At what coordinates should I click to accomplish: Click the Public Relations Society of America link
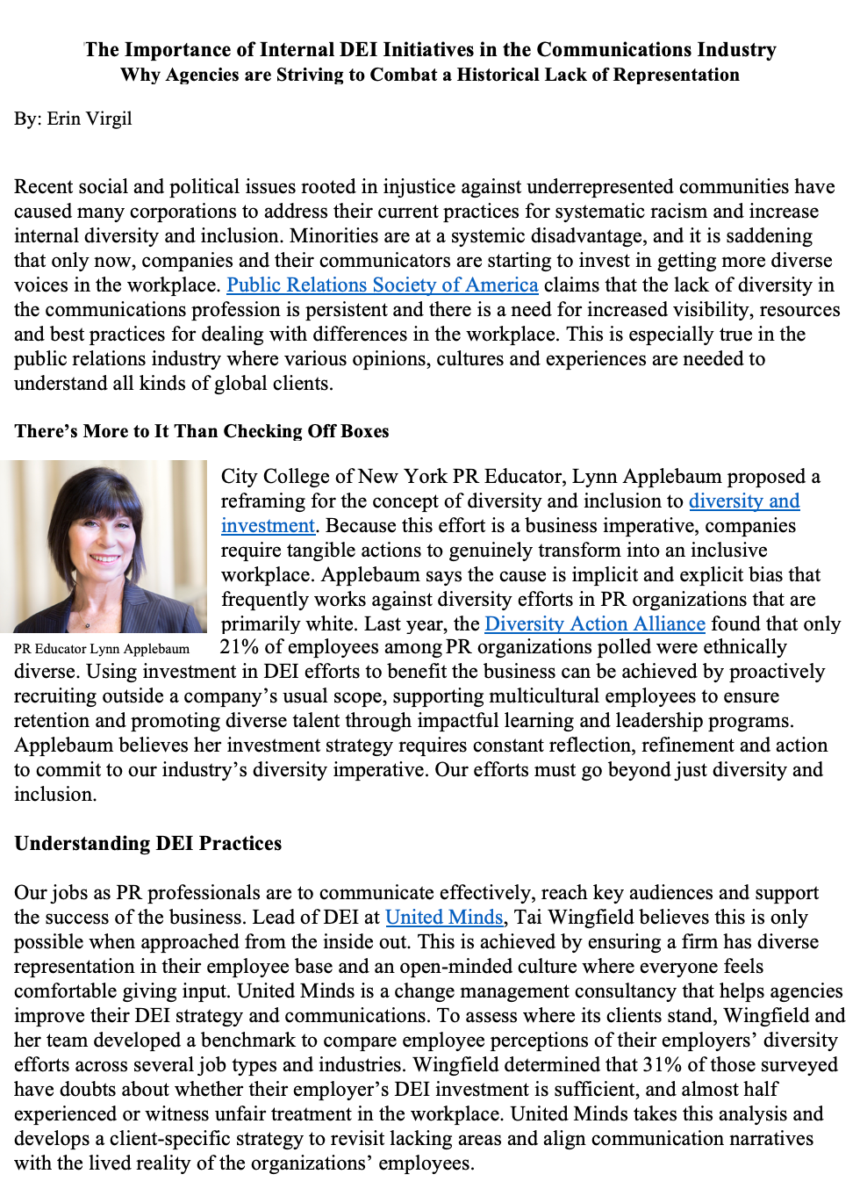click(x=382, y=285)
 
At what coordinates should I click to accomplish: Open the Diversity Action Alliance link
click(x=594, y=624)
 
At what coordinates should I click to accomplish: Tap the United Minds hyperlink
click(x=444, y=918)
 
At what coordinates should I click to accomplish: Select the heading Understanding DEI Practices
click(x=147, y=844)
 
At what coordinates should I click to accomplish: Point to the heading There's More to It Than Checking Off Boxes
click(x=201, y=431)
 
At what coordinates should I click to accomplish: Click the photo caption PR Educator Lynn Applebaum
click(x=102, y=649)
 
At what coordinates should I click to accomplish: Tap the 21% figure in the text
click(x=239, y=647)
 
